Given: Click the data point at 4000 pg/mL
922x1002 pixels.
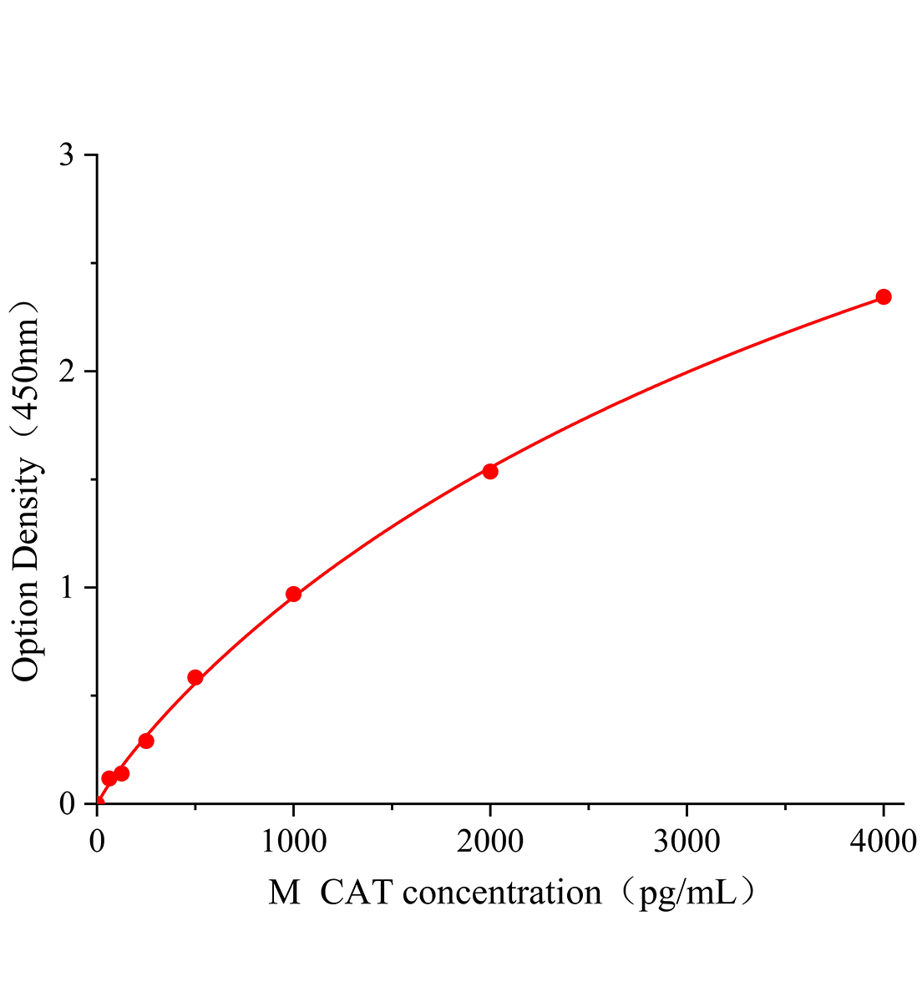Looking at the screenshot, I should click(883, 296).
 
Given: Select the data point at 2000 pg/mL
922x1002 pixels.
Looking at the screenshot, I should click(490, 471).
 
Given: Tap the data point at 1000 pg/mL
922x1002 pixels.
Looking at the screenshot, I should click(293, 595).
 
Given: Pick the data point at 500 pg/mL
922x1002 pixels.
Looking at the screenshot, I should click(195, 677).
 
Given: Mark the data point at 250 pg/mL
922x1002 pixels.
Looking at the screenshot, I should click(146, 741).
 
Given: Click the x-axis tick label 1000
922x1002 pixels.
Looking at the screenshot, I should click(293, 842).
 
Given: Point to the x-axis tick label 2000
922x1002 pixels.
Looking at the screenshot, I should click(490, 842).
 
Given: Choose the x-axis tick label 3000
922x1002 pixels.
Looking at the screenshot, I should click(686, 842).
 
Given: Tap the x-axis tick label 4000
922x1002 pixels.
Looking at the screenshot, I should click(883, 842).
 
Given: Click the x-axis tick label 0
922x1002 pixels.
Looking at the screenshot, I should click(97, 842).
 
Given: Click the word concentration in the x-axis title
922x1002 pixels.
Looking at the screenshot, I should click(502, 893).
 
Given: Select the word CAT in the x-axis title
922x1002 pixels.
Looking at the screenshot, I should click(355, 893).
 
